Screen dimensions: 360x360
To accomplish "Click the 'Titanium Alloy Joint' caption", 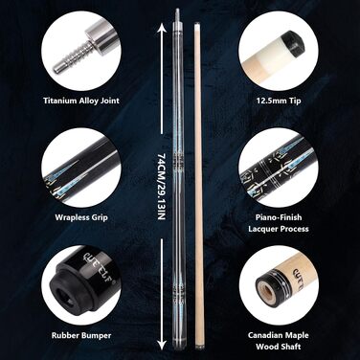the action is (x=81, y=101).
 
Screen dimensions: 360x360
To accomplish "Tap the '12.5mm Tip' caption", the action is (x=279, y=101).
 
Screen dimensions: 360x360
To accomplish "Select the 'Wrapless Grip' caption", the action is (x=81, y=217).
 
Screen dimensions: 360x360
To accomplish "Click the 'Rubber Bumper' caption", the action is (x=81, y=335).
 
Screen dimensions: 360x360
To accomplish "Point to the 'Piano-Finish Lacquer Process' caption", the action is (x=279, y=223).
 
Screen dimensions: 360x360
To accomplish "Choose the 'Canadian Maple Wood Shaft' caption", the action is (x=279, y=341).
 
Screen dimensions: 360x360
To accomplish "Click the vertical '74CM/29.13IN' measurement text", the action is (x=162, y=187).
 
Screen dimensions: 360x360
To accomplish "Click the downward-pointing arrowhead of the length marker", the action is (x=162, y=345).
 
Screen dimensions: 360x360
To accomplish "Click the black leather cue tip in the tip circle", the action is (x=297, y=42).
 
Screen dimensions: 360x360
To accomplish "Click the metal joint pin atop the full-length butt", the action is (x=177, y=15).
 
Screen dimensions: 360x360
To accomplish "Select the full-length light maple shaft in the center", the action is (x=198, y=186).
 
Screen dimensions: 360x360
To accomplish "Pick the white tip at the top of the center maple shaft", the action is (x=197, y=24).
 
